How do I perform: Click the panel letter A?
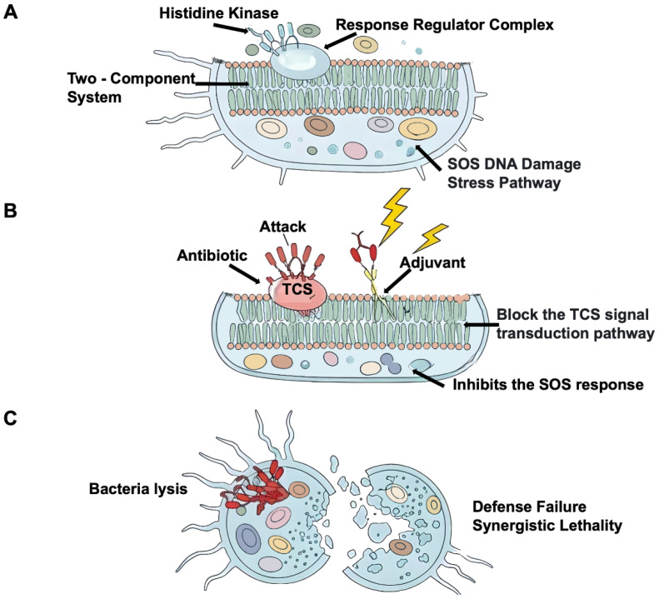(11, 12)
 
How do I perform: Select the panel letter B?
(10, 210)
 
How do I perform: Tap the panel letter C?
(11, 418)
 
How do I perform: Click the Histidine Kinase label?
(218, 13)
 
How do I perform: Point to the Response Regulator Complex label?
(445, 25)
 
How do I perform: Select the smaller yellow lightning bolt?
(432, 237)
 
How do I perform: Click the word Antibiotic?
(212, 255)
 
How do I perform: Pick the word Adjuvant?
(432, 262)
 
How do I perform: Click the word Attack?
(282, 227)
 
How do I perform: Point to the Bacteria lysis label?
(138, 489)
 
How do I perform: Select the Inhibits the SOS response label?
(547, 384)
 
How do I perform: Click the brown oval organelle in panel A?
(319, 125)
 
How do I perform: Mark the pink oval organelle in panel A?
(355, 151)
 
